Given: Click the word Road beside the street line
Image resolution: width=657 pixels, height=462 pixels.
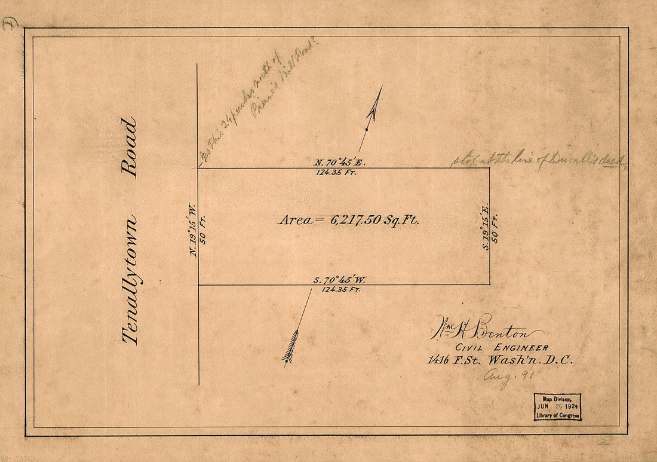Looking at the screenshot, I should (129, 147).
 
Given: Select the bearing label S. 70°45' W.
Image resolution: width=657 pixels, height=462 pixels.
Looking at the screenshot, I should (339, 279).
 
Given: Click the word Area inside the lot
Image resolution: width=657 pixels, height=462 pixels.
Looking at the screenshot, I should (295, 220).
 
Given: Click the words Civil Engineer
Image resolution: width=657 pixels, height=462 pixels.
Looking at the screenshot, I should (502, 348).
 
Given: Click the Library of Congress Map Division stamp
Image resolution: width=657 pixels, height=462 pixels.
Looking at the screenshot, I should (557, 407).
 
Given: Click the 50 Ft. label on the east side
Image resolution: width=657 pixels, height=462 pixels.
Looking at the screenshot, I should (495, 228).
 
